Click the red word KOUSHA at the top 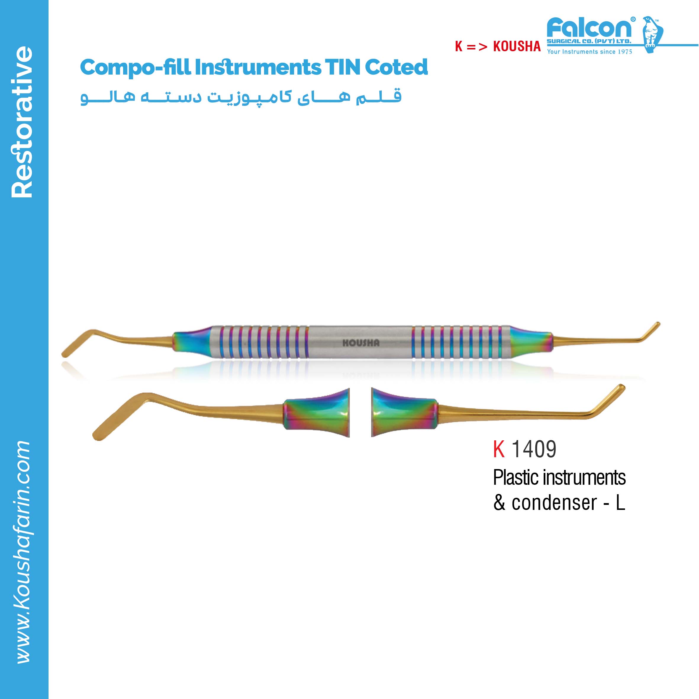pos(517,46)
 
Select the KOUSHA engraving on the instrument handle pos(361,343)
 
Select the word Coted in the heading pos(397,67)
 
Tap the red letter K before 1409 pos(499,449)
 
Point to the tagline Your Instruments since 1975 pos(590,52)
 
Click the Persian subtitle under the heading pos(241,97)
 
